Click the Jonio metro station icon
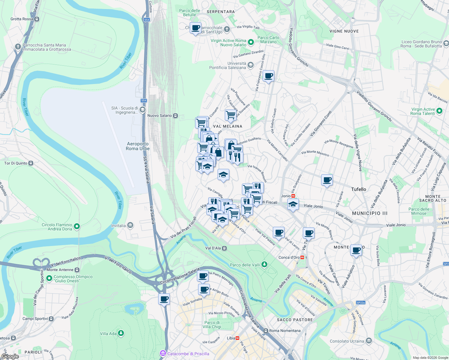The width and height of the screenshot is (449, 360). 293,196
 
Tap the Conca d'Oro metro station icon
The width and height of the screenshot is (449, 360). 302,257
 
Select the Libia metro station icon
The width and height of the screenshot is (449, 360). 237,338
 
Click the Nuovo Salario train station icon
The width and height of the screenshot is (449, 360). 176,115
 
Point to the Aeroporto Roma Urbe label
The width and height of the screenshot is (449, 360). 138,146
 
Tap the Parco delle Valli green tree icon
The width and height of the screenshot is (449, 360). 264,265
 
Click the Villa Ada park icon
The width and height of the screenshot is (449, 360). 121,333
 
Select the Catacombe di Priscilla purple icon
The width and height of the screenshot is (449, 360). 163,353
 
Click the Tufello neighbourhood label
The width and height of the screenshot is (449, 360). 359,189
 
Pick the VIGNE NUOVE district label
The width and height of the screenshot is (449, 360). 344,31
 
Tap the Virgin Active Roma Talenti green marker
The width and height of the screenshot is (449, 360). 439,111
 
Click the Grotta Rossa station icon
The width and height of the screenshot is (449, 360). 37,19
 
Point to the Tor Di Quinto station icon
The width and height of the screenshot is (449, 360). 31,163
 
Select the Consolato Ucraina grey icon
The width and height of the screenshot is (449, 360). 369,341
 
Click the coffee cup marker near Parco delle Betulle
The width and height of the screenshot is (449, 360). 196,28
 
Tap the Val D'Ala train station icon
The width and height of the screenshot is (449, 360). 224,248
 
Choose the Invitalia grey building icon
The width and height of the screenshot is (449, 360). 130,225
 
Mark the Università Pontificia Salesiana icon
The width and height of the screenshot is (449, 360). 251,65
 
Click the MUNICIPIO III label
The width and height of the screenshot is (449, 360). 370,213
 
